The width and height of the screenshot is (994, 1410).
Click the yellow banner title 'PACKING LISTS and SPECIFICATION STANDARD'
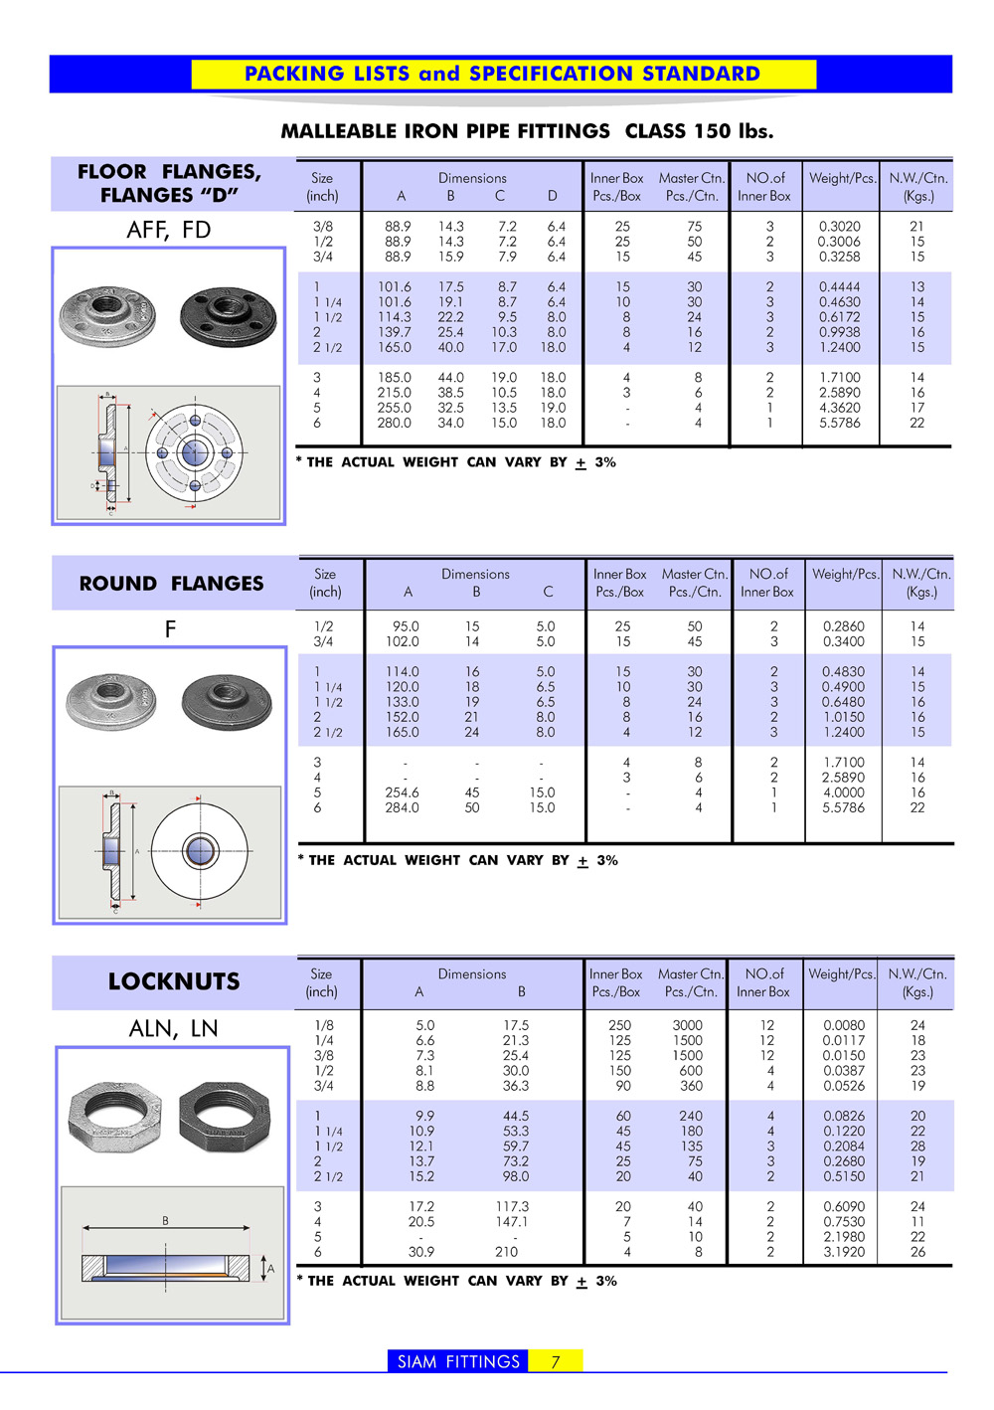tap(502, 74)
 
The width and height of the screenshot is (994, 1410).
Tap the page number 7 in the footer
tap(556, 1361)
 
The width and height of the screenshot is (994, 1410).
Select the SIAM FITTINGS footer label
tap(458, 1361)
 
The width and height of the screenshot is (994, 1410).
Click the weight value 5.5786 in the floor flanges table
tap(840, 423)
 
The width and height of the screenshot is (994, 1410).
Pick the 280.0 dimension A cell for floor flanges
tap(394, 423)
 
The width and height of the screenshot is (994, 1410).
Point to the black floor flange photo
tap(228, 315)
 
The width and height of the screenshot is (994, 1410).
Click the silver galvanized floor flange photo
tap(108, 315)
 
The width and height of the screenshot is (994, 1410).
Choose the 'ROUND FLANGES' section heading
tap(171, 584)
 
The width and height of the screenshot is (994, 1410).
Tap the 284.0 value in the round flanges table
tap(402, 807)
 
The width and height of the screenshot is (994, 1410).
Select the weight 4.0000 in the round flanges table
tap(843, 793)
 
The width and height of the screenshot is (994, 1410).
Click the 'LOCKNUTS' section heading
tap(174, 981)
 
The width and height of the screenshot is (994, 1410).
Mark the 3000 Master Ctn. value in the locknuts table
tap(687, 1025)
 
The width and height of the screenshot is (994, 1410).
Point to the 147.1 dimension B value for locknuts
tap(512, 1221)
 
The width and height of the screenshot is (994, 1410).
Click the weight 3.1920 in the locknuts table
tap(844, 1252)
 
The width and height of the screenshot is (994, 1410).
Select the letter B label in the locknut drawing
tap(165, 1220)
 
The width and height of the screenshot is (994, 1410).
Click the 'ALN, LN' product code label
tap(173, 1028)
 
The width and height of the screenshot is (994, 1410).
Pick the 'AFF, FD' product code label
tap(169, 230)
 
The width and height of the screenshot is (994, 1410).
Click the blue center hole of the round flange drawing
tap(200, 850)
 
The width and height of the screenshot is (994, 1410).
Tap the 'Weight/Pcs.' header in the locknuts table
tap(842, 974)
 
